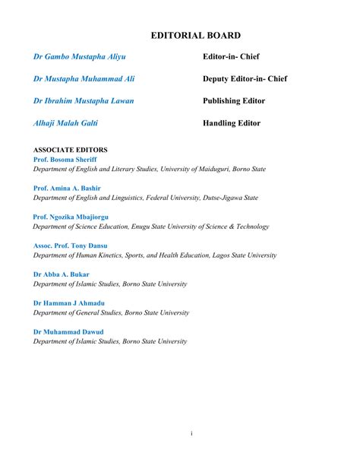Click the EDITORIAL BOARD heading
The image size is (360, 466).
click(196, 35)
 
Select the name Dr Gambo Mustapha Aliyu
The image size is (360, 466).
click(79, 57)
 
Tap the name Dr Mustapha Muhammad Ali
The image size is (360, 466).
click(84, 78)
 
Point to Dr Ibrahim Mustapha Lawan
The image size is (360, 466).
click(83, 100)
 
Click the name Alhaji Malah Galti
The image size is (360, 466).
click(65, 122)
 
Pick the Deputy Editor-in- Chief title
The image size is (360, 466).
click(245, 78)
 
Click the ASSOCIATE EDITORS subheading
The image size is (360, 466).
click(70, 150)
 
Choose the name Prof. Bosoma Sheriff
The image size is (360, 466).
click(65, 160)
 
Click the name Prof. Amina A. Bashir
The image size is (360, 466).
click(67, 188)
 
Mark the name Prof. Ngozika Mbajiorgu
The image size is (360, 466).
click(73, 217)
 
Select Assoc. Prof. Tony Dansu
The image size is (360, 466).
click(71, 246)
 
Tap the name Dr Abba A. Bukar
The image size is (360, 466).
click(61, 274)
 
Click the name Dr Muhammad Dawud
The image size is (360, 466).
click(68, 331)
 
